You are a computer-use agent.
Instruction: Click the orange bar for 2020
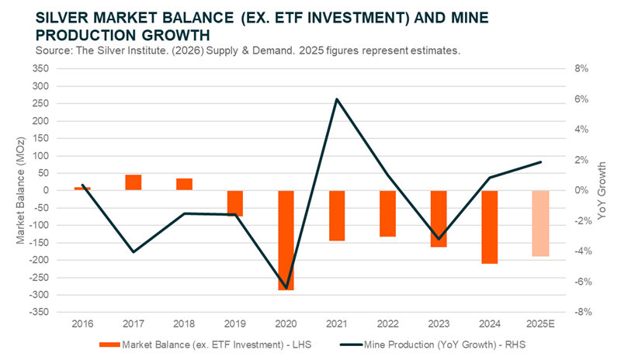(x=286, y=240)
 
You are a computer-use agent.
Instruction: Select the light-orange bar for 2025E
(x=540, y=223)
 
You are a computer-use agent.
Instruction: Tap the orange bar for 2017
(x=134, y=182)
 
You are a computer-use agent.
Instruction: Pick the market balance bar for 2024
(x=490, y=227)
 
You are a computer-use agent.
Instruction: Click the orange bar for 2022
(x=388, y=213)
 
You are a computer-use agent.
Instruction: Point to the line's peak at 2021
(x=337, y=99)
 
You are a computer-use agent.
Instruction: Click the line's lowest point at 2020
(x=286, y=289)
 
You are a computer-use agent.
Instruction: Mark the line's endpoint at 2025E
(x=540, y=162)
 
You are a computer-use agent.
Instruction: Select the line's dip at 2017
(x=134, y=252)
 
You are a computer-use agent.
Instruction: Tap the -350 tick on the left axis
(x=38, y=312)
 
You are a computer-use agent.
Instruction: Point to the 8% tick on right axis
(x=582, y=68)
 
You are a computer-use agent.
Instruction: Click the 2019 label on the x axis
(x=235, y=322)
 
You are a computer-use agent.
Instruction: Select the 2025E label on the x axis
(x=540, y=322)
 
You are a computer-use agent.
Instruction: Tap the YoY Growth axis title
(x=603, y=190)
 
